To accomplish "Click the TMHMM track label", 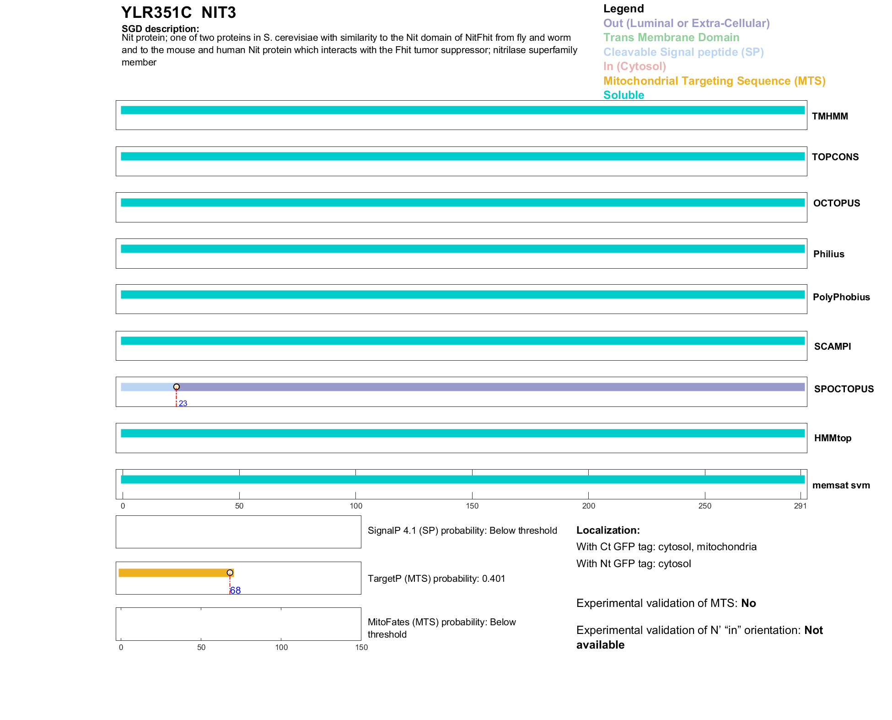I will (x=829, y=116).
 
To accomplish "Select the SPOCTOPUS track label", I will (x=844, y=389).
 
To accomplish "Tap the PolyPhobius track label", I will (x=841, y=297).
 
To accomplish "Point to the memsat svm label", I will (x=841, y=485).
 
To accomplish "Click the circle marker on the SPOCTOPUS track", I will (x=177, y=387).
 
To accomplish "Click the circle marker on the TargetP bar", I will (x=230, y=573).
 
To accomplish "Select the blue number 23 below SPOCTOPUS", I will (x=183, y=403).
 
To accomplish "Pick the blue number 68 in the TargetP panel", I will (x=236, y=590).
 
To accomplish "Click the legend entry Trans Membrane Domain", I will (x=671, y=38).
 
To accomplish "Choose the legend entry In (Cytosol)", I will (x=634, y=66).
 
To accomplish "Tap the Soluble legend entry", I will (x=623, y=95).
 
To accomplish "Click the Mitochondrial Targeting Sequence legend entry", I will (x=714, y=81).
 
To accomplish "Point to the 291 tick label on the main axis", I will (x=800, y=506).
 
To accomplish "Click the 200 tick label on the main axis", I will (x=588, y=506).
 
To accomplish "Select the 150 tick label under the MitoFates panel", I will (x=361, y=647).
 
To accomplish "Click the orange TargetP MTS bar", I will (x=174, y=573).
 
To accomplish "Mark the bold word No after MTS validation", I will (x=748, y=603).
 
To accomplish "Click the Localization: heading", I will (x=608, y=531).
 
